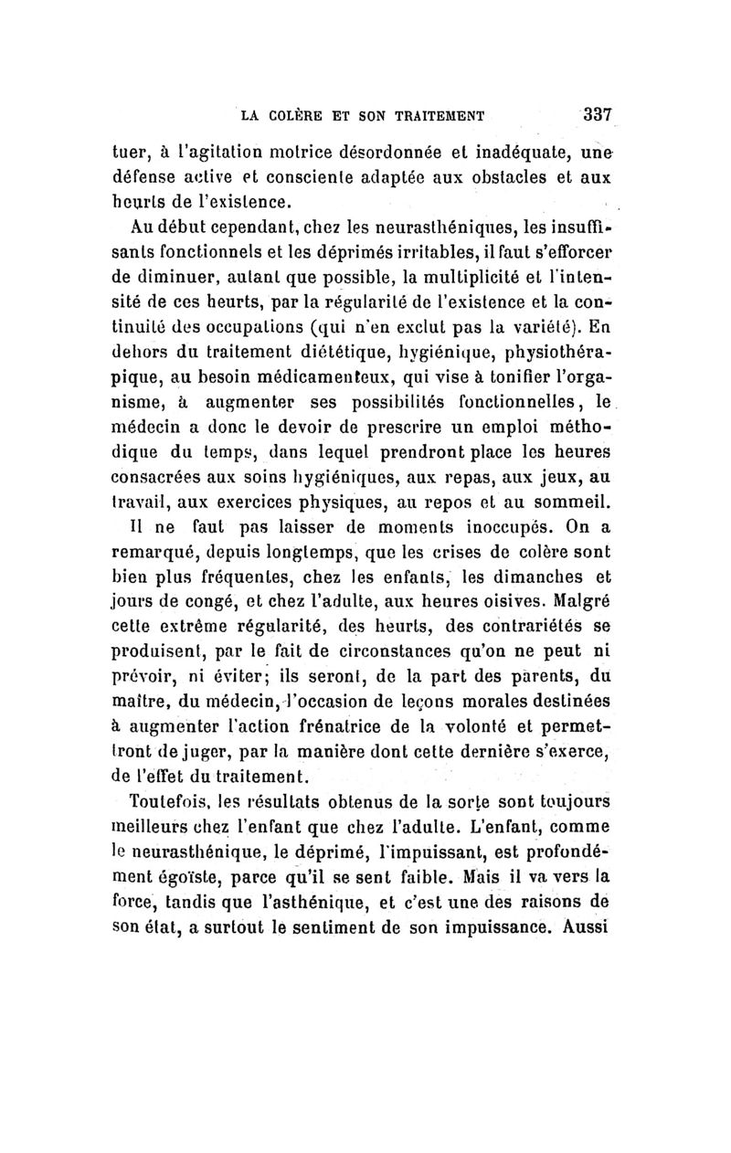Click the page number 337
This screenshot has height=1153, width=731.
point(595,116)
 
